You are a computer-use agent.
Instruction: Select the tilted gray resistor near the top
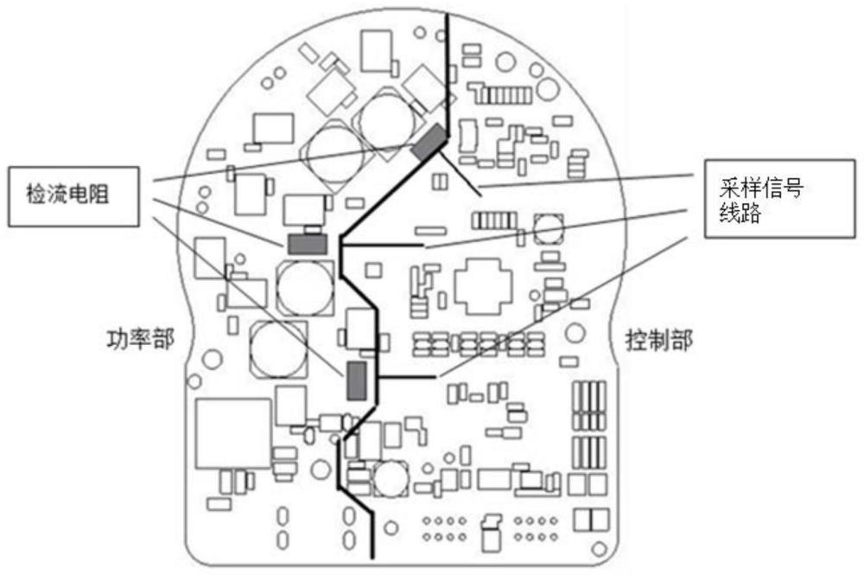click(x=429, y=142)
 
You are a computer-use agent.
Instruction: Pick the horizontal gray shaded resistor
click(x=307, y=245)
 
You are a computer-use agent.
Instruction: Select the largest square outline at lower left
click(x=233, y=432)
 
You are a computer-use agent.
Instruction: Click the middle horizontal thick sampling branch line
click(x=384, y=246)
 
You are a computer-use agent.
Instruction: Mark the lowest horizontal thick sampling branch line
click(x=406, y=378)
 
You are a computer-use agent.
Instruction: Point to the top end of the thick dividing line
click(x=446, y=16)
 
